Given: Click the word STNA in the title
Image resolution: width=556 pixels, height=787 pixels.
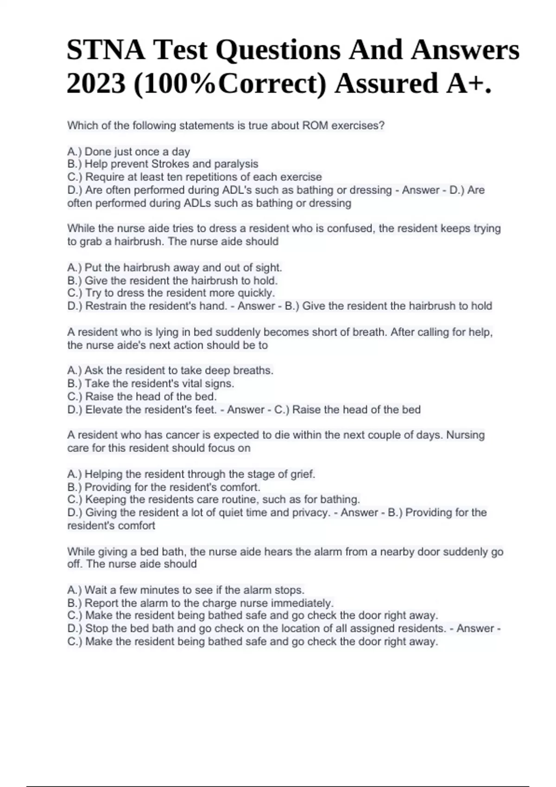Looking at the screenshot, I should pyautogui.click(x=106, y=50).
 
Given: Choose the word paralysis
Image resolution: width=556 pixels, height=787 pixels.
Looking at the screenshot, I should pyautogui.click(x=236, y=164).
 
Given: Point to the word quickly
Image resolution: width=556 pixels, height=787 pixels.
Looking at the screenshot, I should pyautogui.click(x=256, y=293).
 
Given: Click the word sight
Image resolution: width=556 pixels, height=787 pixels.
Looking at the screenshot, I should pyautogui.click(x=268, y=268).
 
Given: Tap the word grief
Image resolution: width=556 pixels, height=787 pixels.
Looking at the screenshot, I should pyautogui.click(x=303, y=474).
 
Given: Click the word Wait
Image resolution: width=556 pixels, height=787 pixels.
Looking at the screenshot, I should pyautogui.click(x=97, y=590).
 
